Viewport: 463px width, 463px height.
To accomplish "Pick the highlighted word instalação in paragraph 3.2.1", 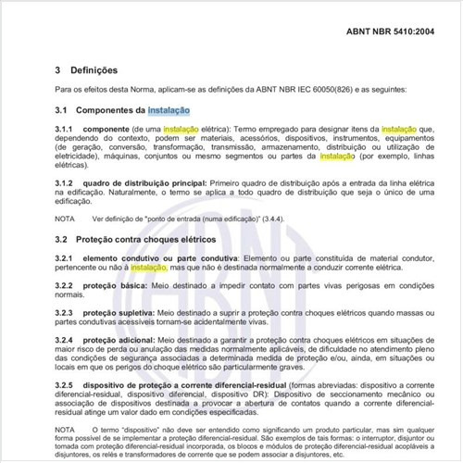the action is [x=148, y=267].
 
